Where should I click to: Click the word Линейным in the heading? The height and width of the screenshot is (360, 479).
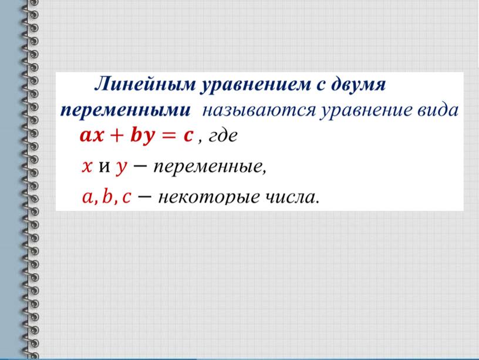145,84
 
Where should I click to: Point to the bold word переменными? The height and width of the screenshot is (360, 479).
126,110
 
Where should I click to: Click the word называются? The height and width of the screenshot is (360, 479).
259,110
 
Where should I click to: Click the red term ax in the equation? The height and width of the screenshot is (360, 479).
92,136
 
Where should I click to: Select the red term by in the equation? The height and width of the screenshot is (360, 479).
143,136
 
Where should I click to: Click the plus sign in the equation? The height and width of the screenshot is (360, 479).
117,136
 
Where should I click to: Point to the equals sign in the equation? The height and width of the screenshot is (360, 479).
168,136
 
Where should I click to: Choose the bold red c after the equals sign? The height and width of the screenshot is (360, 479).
188,136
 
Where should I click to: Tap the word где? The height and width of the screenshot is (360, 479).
222,136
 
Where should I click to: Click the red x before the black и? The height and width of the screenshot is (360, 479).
87,167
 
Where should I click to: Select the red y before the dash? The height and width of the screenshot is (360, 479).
122,169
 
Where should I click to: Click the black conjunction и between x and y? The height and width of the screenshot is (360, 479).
104,167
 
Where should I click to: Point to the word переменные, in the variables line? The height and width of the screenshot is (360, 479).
210,168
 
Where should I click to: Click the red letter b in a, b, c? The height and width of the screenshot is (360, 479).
107,196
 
